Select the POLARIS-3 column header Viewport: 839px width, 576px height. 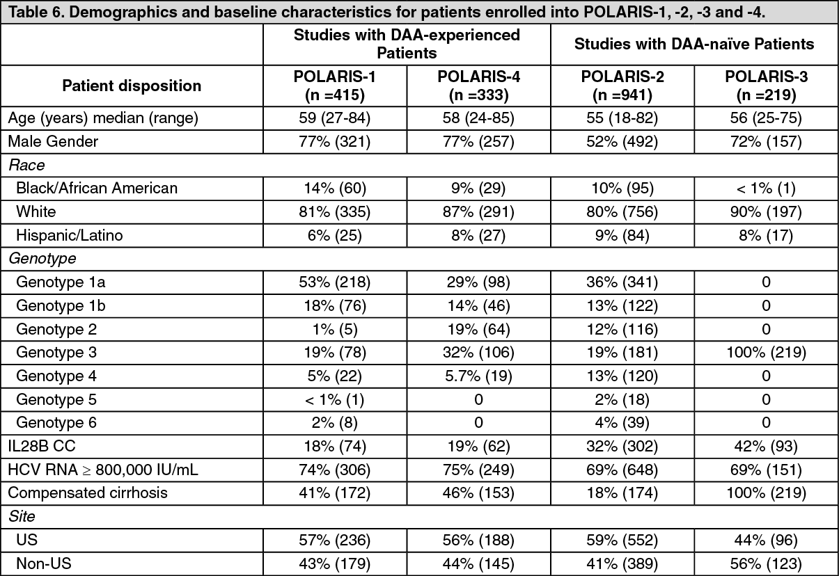[x=763, y=85]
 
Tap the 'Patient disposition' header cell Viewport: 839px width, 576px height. [x=132, y=86]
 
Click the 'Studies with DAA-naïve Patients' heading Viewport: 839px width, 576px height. [x=693, y=44]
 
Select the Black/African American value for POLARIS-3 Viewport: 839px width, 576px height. [x=763, y=188]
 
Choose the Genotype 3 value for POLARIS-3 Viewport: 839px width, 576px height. [x=763, y=352]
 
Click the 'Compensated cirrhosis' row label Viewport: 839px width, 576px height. [x=77, y=493]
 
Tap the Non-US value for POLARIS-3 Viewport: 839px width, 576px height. [x=763, y=563]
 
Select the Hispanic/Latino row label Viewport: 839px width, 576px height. [x=69, y=235]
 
